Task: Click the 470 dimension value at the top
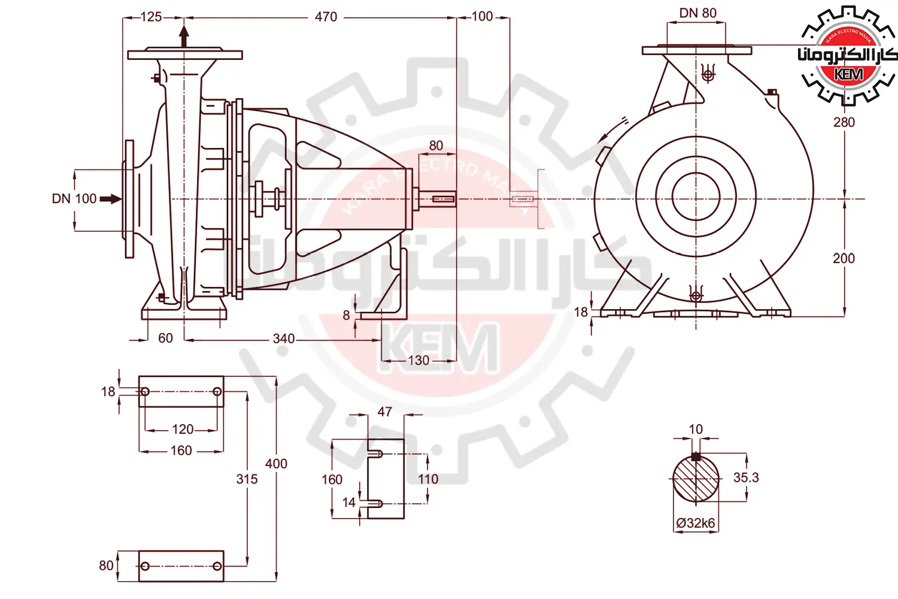326,17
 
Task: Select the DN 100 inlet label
74,199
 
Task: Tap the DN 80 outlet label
697,13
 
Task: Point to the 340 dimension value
283,338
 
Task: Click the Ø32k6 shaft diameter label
696,523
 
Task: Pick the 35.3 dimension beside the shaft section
746,477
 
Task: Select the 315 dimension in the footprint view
247,479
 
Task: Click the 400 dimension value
276,464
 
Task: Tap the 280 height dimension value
844,122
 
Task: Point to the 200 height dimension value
844,258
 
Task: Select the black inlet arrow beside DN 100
110,199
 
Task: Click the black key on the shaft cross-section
696,456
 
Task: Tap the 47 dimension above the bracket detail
384,412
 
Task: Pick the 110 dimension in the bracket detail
428,479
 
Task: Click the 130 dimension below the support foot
418,360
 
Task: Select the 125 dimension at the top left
151,17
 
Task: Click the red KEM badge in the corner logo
848,75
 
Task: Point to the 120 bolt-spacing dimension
183,429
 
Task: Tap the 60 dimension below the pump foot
165,338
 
